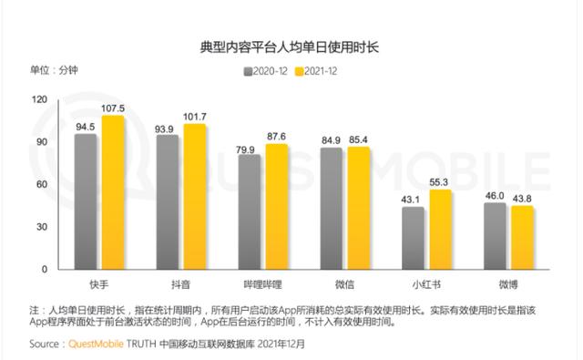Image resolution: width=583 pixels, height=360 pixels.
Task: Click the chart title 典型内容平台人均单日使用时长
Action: pos(291,43)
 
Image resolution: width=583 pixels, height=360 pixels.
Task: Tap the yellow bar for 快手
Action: pos(113,193)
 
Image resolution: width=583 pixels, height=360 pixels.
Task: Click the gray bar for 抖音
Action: pos(168,202)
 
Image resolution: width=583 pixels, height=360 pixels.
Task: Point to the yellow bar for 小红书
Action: pos(440,230)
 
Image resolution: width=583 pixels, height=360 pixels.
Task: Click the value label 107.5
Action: pos(112,108)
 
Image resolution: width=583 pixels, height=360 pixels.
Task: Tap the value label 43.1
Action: pos(412,200)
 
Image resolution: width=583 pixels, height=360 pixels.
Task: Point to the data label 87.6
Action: pos(276,137)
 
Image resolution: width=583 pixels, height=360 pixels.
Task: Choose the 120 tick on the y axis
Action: pos(39,99)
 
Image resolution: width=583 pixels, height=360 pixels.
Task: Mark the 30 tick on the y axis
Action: pos(43,227)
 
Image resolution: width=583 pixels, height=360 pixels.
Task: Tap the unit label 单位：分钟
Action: pos(55,69)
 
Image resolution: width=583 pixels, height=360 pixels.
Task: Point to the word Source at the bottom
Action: pos(46,345)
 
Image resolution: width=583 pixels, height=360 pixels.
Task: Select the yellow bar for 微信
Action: pos(359,209)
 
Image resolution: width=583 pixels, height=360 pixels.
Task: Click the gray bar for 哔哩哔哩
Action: pos(249,212)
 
